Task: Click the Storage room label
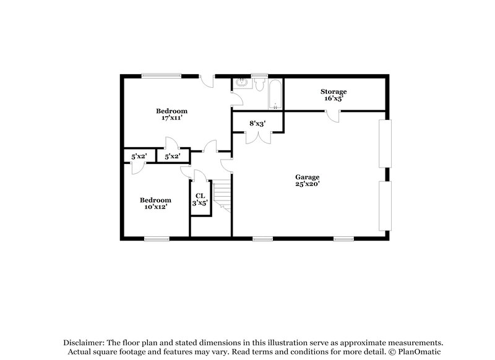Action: click(x=334, y=92)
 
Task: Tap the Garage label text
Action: click(x=307, y=176)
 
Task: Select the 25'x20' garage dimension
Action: click(x=307, y=184)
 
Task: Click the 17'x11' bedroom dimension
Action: click(x=171, y=118)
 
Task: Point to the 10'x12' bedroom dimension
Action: click(x=155, y=207)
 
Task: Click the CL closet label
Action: click(x=199, y=195)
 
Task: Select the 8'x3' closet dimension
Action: click(x=257, y=124)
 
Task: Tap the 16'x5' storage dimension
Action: click(x=334, y=98)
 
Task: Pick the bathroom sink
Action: click(x=241, y=84)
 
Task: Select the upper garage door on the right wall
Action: click(x=385, y=143)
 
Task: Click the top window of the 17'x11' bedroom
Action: click(x=161, y=76)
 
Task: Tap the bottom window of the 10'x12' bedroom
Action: click(x=157, y=238)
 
